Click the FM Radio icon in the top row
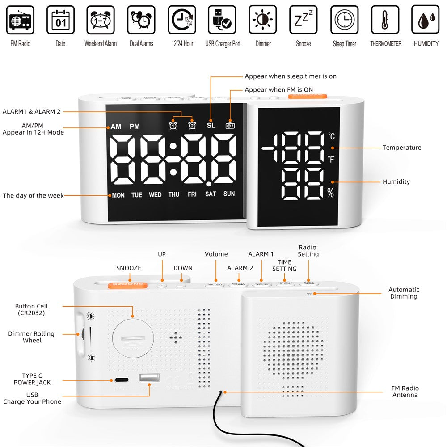click(20, 20)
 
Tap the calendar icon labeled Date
click(60, 20)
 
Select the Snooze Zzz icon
click(304, 20)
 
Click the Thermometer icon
click(385, 20)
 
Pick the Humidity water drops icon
click(425, 20)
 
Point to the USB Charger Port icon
click(223, 20)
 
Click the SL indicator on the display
click(211, 126)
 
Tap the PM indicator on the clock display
click(135, 127)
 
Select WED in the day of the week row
click(155, 195)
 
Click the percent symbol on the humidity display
click(330, 194)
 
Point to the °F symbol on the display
click(331, 159)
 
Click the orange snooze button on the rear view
click(127, 283)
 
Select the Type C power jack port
click(121, 380)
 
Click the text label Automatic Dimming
click(404, 293)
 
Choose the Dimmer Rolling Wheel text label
click(31, 337)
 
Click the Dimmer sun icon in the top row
click(263, 20)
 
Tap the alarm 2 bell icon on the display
click(192, 126)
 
